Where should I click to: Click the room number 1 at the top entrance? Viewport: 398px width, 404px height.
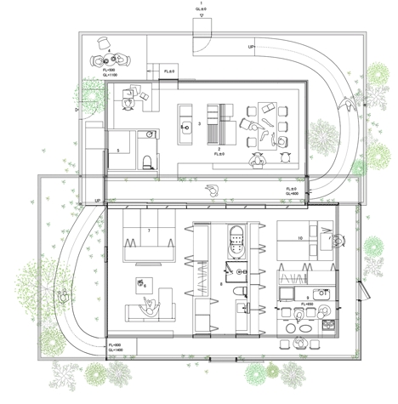click(200, 4)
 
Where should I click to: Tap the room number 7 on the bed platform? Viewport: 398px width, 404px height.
click(149, 230)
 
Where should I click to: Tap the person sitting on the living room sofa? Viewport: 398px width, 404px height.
click(150, 305)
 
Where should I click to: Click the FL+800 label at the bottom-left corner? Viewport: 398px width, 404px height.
click(114, 344)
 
